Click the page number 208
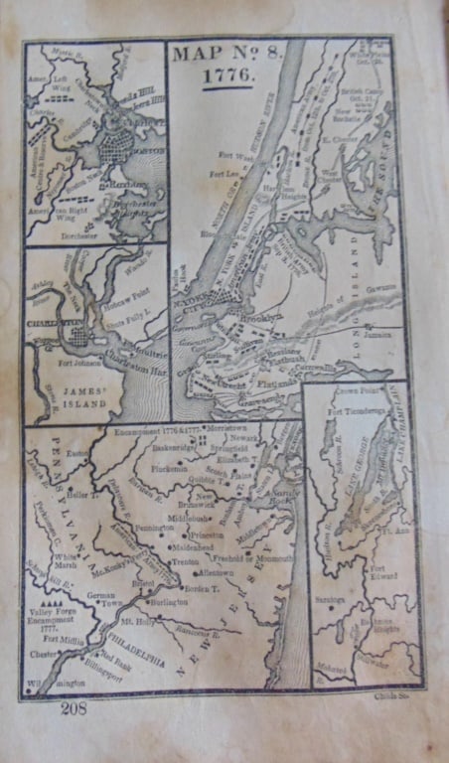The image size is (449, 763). coord(75,708)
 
